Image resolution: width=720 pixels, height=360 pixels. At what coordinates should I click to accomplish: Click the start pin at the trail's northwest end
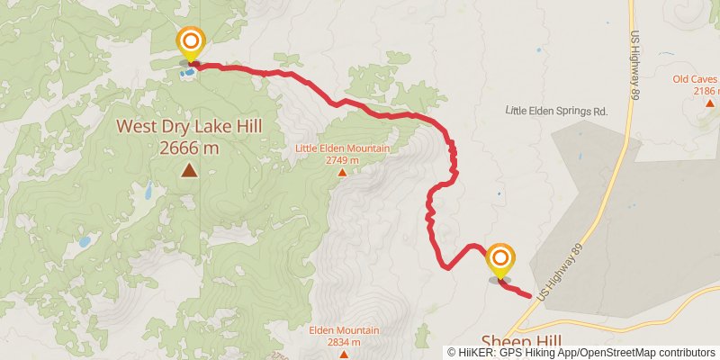point(191,42)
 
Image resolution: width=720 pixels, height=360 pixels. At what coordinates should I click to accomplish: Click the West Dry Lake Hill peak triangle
point(189,169)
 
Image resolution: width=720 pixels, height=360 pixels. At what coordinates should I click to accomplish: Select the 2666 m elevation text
point(189,148)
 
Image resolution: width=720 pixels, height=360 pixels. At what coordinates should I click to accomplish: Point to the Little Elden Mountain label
point(343,148)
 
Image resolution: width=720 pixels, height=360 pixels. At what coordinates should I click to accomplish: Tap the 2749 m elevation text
point(343,160)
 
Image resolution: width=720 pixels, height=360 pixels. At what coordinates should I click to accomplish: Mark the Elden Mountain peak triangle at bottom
point(342,353)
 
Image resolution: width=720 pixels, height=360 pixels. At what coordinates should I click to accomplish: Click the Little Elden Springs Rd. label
point(558,111)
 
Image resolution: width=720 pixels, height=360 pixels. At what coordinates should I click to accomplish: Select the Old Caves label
point(697,79)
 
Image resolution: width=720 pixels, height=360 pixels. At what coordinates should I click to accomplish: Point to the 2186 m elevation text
point(706,91)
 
